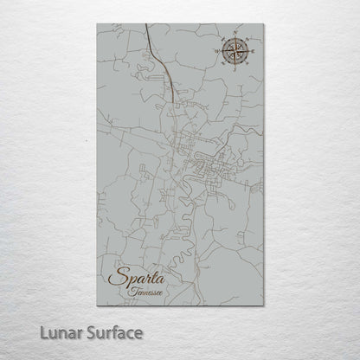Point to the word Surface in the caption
111,332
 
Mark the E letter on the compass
250,52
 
